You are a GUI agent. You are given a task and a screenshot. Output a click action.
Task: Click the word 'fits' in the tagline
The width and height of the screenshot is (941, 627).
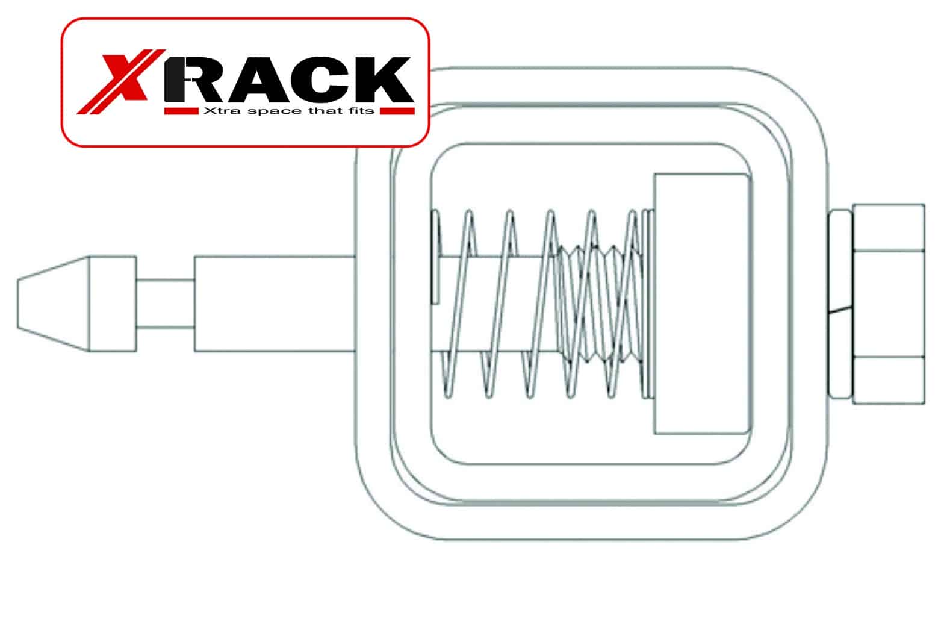tap(361, 111)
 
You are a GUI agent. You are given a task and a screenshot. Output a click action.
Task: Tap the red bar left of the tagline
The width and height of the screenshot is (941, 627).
tap(181, 111)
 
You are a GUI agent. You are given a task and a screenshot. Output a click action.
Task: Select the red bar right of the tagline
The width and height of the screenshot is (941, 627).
tap(397, 111)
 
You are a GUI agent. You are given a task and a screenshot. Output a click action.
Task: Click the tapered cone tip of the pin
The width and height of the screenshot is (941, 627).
tap(53, 304)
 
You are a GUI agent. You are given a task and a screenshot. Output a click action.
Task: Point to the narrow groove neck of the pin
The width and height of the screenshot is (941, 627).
tap(165, 304)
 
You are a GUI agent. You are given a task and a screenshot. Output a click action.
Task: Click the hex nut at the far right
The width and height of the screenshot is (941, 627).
tap(889, 304)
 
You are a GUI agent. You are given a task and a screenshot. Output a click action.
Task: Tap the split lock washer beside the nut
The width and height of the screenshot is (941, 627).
tap(840, 304)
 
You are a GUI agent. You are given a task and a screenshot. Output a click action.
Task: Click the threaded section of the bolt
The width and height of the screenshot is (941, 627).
tap(601, 304)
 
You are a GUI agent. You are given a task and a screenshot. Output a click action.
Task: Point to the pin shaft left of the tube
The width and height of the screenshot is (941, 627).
tap(275, 304)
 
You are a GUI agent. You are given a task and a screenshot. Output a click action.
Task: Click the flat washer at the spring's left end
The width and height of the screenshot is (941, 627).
tap(436, 257)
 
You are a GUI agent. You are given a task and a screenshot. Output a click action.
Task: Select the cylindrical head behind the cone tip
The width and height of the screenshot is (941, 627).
tap(113, 304)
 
